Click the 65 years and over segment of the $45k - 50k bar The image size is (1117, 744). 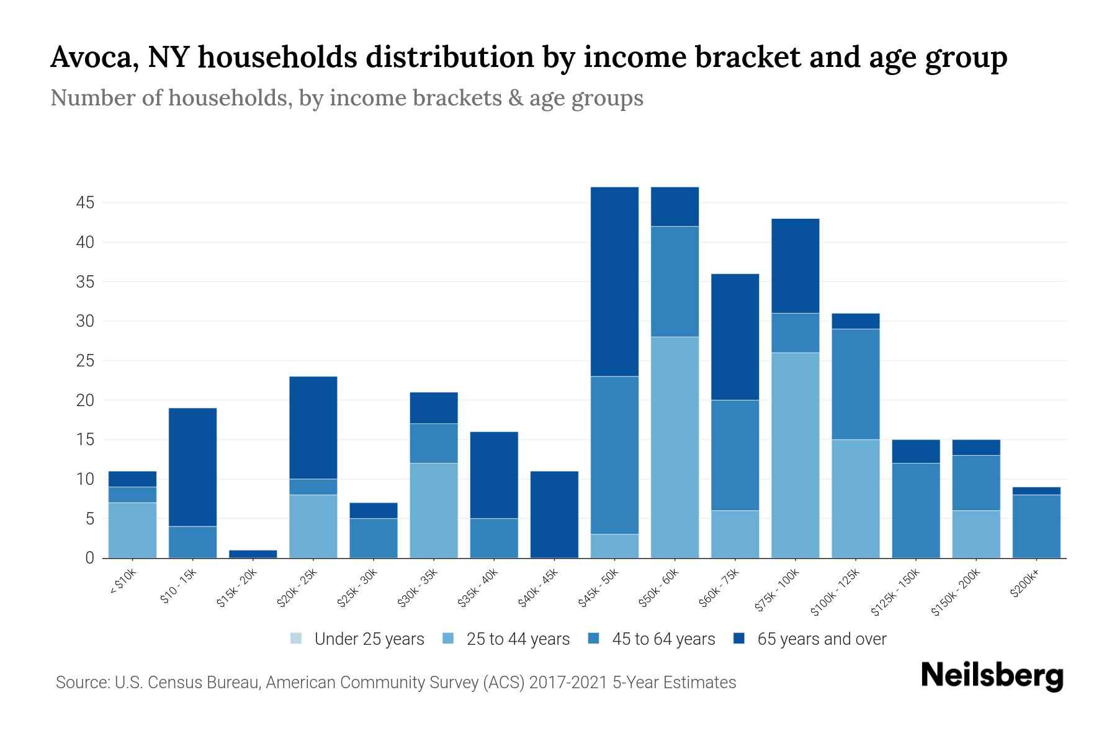(614, 281)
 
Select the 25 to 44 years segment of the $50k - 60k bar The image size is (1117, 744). (675, 447)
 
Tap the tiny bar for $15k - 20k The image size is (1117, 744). (253, 554)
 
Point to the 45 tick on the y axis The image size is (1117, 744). (86, 203)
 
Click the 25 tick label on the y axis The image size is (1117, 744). (86, 361)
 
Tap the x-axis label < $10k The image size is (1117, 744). (123, 583)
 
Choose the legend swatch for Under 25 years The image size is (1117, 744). (297, 639)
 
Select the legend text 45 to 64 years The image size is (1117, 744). (663, 639)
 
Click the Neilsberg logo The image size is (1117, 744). (992, 676)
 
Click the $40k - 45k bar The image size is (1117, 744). (554, 515)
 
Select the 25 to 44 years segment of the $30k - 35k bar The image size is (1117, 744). (434, 510)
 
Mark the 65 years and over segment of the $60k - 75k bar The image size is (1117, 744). (735, 337)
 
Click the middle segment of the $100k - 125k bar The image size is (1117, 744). (855, 384)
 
